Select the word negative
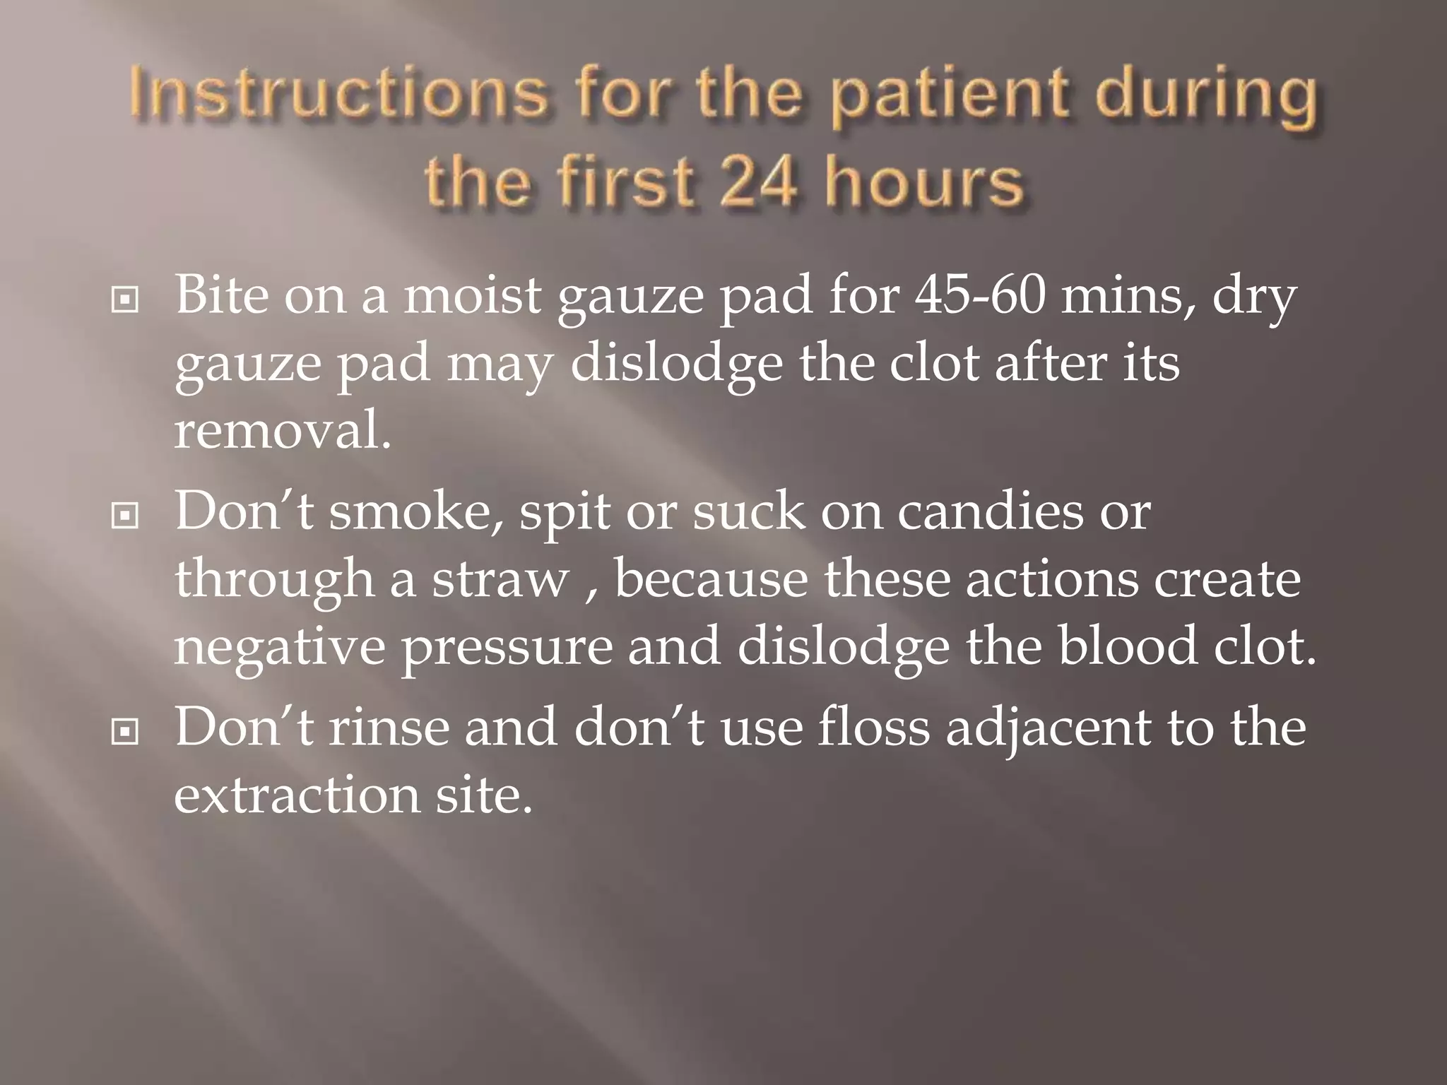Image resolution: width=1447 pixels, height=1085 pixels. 280,648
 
